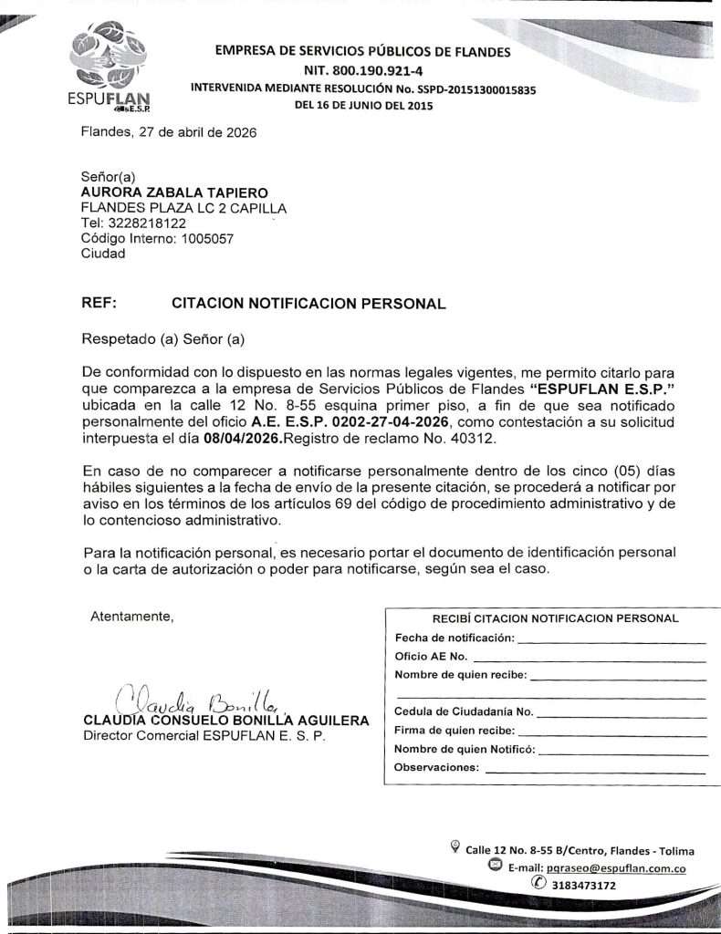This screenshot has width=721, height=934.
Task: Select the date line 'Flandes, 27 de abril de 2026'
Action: (x=169, y=132)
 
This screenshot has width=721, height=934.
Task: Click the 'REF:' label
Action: (x=99, y=304)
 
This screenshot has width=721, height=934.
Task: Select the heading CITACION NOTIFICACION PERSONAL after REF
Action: (x=308, y=304)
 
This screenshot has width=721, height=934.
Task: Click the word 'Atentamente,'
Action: (x=132, y=617)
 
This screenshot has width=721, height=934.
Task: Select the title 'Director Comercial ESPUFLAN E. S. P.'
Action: (x=204, y=735)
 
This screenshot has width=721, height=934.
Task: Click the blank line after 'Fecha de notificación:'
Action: (x=611, y=639)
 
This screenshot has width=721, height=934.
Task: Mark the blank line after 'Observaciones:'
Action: (x=595, y=770)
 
